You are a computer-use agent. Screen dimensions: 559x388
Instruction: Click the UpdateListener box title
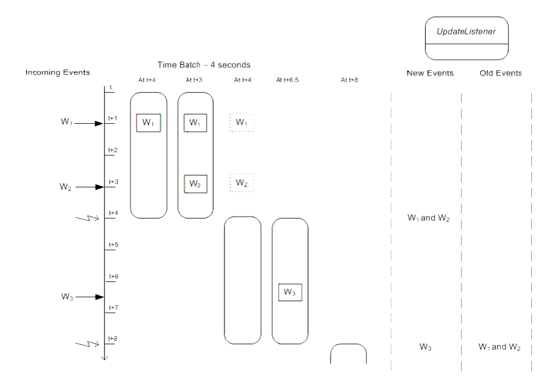coord(466,32)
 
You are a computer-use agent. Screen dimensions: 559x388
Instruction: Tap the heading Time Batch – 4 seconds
coord(204,65)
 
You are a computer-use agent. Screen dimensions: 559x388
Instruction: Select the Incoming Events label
coord(58,73)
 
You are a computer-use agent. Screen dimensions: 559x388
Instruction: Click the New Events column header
coord(430,73)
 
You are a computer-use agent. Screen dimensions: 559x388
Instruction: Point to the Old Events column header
coord(501,73)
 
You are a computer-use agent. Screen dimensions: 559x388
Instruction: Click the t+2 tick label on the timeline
coord(113,150)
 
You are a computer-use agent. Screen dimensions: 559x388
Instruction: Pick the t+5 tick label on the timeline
coord(113,245)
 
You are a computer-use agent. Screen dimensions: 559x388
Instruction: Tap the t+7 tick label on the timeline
coord(113,307)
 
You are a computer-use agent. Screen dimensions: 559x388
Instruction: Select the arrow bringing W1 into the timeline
coord(89,124)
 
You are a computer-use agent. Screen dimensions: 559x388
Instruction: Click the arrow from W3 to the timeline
coord(90,297)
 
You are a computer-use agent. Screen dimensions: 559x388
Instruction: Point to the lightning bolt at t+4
coord(87,218)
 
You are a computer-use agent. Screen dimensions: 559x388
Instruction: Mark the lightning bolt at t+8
coord(87,344)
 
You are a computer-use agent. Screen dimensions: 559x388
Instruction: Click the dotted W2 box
coord(242,183)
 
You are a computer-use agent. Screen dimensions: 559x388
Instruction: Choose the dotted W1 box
coord(242,122)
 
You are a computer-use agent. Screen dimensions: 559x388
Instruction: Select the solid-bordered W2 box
coord(195,184)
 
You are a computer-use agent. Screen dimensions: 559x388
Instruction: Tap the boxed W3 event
coord(290,292)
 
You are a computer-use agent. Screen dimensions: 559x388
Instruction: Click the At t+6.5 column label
coord(287,80)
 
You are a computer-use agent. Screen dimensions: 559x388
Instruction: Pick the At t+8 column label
coord(350,80)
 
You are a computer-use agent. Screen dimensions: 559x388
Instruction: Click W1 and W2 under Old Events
coord(499,347)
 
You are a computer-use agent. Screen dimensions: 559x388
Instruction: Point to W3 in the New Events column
coord(425,347)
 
